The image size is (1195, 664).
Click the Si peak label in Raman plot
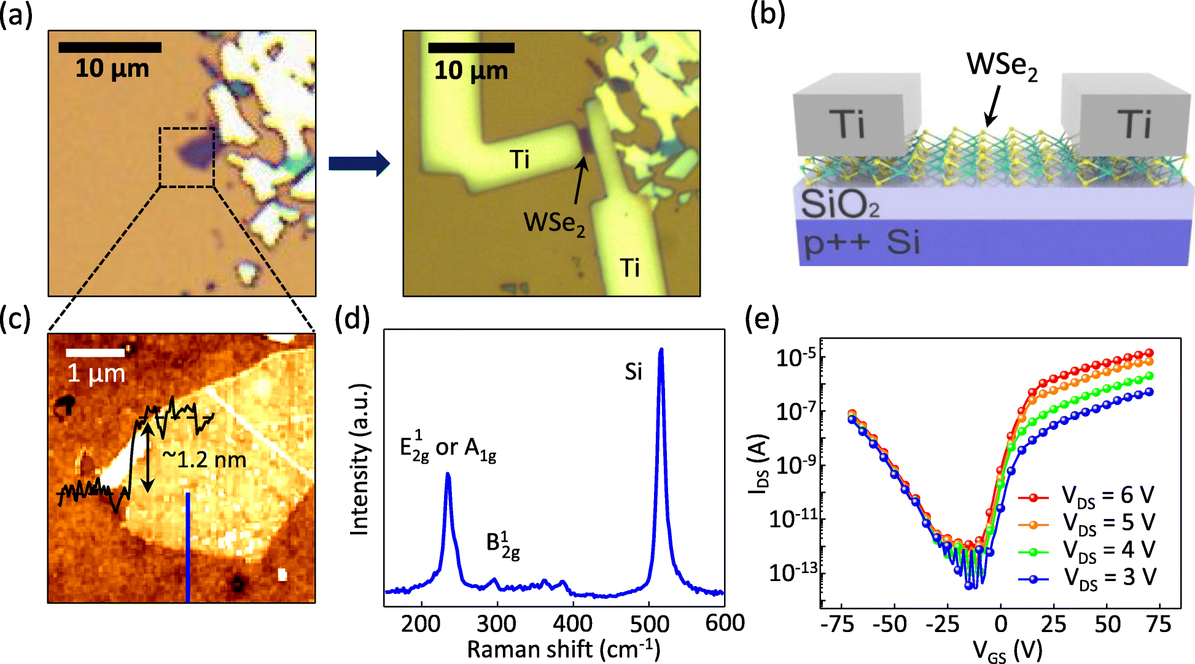pos(633,372)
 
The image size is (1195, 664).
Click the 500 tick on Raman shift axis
pos(649,623)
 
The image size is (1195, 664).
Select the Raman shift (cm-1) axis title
pos(563,649)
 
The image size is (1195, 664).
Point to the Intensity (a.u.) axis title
pos(360,459)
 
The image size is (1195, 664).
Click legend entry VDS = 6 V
pos(1108,495)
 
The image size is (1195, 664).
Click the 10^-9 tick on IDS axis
pos(797,464)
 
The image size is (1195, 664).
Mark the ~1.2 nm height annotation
pos(204,459)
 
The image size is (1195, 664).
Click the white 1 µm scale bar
pos(95,353)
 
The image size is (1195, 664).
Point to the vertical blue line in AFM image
pos(188,547)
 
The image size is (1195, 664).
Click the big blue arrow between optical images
pos(359,163)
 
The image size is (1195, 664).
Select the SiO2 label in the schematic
pos(840,205)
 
